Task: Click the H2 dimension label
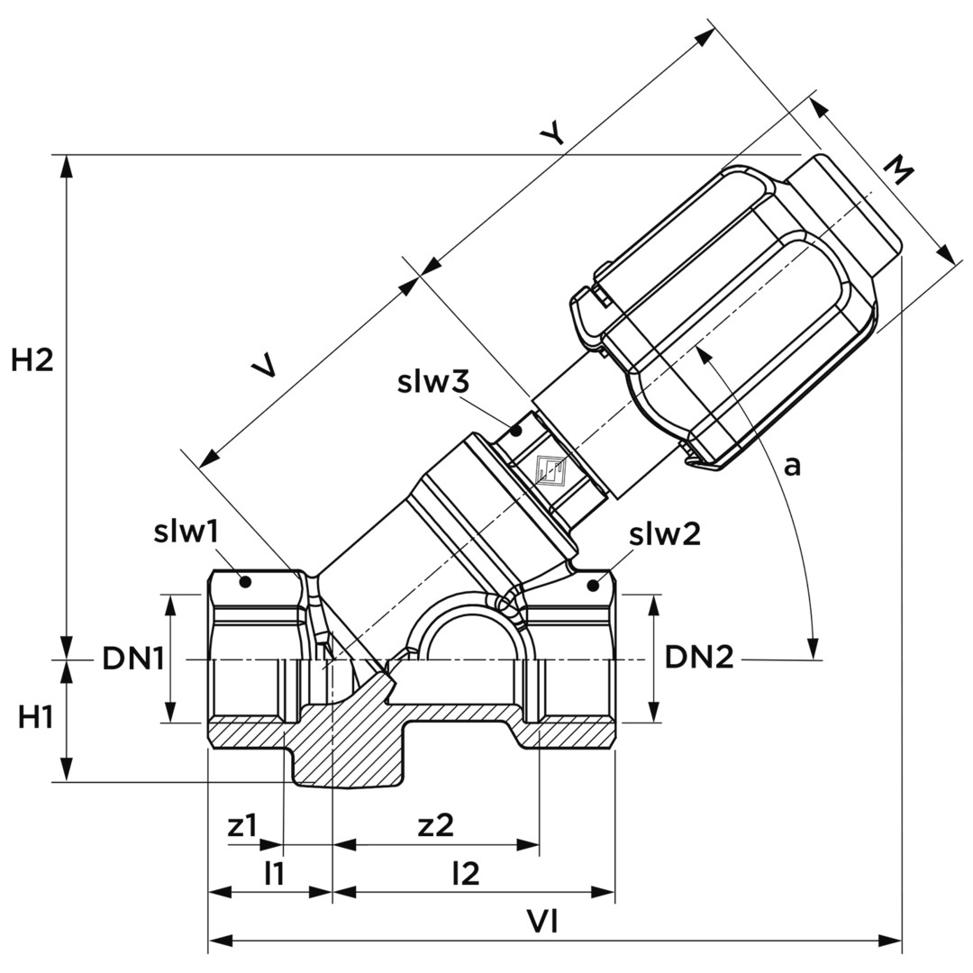(32, 360)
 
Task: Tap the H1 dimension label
(36, 717)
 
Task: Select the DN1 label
(132, 659)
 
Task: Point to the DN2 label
(699, 659)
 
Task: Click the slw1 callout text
(186, 532)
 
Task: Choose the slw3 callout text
(433, 382)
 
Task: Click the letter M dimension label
(897, 168)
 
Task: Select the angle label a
(792, 465)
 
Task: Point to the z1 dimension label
(242, 825)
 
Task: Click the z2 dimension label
(436, 825)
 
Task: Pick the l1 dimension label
(274, 872)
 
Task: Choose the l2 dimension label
(466, 872)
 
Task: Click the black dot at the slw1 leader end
(243, 583)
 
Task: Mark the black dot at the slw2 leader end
(593, 587)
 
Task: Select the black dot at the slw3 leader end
(516, 431)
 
